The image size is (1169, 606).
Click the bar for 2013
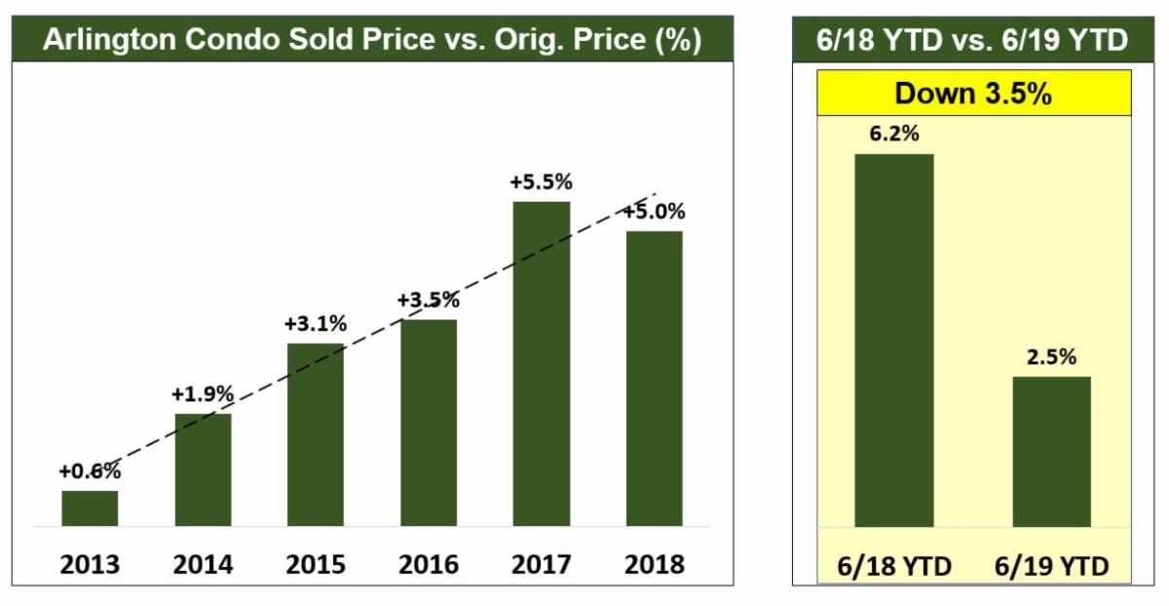pos(90,508)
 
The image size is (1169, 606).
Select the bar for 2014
pos(203,470)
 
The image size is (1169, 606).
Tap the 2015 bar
pos(316,435)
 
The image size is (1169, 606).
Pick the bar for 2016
pos(428,422)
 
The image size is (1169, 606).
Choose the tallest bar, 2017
pos(541,363)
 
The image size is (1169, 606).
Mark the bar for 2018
pos(654,378)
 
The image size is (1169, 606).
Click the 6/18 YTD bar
pos(893,340)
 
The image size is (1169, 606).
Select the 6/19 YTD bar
pos(1051,451)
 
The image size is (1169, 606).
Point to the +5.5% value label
pos(541,182)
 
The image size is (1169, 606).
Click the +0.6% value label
pos(90,472)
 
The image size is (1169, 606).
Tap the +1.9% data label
pos(203,395)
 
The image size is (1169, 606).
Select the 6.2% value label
pos(893,134)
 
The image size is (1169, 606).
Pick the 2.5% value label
pos(1051,357)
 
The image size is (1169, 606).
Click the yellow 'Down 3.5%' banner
pos(971,94)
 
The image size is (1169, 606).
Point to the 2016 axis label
pos(428,564)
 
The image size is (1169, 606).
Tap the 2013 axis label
pos(90,564)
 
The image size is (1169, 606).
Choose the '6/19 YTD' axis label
pos(1051,565)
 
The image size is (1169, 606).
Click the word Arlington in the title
pos(102,42)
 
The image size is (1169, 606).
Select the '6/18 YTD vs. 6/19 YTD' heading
pos(971,42)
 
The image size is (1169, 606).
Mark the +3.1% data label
pos(316,323)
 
